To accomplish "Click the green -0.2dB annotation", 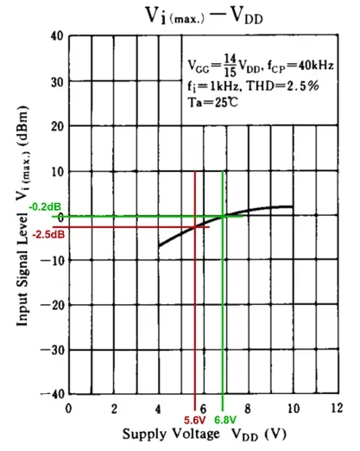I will click(x=43, y=207).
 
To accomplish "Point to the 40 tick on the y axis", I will click(x=56, y=36).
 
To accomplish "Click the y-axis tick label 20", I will click(x=56, y=126).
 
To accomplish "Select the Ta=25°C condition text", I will click(x=216, y=103).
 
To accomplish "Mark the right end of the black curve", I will click(x=292, y=206).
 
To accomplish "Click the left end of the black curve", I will click(x=159, y=247).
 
